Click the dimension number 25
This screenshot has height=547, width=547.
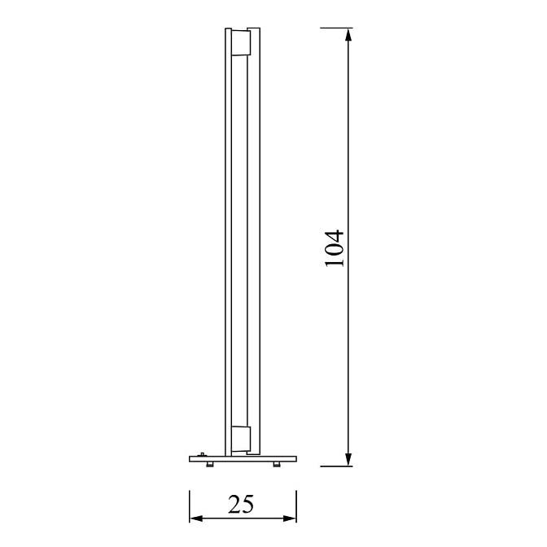[x=241, y=505]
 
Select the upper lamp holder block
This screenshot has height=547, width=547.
[x=241, y=43]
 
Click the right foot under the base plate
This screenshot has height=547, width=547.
[x=277, y=464]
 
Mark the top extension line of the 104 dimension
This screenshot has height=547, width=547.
[x=335, y=28]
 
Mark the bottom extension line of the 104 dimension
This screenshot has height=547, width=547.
[x=335, y=467]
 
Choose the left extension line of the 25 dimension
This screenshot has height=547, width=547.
[x=190, y=505]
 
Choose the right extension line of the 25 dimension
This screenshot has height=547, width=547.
[x=297, y=505]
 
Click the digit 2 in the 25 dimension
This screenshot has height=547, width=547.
[x=234, y=505]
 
